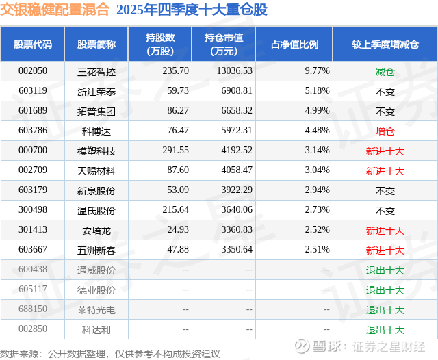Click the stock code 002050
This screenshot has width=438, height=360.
(x=33, y=70)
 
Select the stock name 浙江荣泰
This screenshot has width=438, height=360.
(x=96, y=90)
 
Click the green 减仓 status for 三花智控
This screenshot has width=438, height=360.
(x=385, y=70)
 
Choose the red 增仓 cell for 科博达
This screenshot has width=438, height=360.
(x=385, y=131)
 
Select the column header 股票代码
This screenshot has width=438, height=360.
(x=33, y=44)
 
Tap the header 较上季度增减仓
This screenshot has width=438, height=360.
(x=385, y=44)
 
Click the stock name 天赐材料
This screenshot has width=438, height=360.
(x=96, y=170)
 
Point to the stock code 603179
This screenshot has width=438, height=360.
(x=33, y=190)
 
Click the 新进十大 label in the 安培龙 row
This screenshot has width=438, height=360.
(x=385, y=231)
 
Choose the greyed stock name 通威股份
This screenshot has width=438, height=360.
(x=96, y=270)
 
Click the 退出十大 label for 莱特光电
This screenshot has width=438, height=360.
(x=385, y=310)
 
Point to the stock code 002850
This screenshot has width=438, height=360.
(x=33, y=330)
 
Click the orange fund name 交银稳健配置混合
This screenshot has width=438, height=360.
(x=55, y=10)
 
